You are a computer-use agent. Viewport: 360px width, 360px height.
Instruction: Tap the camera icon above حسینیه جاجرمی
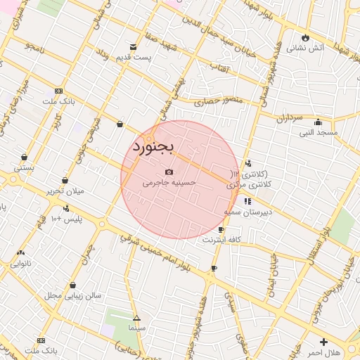click(x=169, y=172)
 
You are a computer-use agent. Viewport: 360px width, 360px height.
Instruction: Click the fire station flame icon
click(x=305, y=38)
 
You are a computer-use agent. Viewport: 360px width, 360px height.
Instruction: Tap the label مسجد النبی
click(x=319, y=131)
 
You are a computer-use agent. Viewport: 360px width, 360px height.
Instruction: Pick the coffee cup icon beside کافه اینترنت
click(x=221, y=230)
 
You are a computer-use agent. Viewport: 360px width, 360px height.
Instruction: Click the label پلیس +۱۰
click(x=67, y=219)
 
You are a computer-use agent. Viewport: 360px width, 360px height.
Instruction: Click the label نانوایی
click(x=20, y=264)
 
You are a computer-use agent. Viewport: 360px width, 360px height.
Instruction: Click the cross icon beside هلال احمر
click(x=323, y=342)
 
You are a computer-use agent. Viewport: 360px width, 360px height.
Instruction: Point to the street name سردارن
click(x=289, y=118)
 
